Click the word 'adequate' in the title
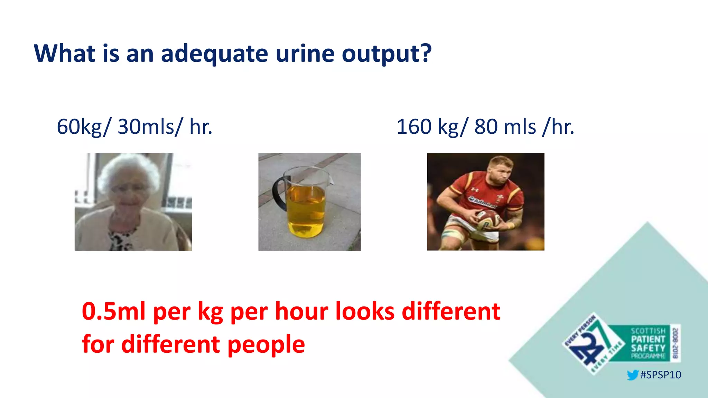[x=214, y=54]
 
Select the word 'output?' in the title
[x=387, y=54]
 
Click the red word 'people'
[x=266, y=344]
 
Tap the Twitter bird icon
[x=632, y=375]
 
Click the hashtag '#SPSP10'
[x=660, y=375]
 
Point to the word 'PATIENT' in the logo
[x=648, y=339]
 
